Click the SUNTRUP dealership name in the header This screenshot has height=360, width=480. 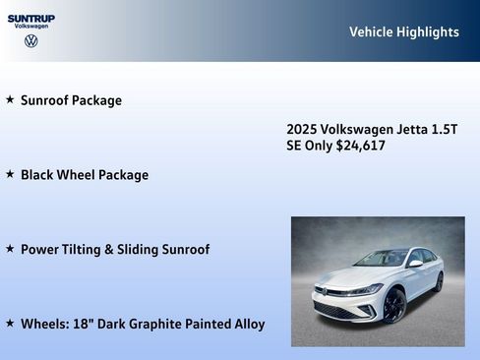point(30,18)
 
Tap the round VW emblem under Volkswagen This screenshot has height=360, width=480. point(30,41)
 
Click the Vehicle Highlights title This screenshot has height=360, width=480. point(403,31)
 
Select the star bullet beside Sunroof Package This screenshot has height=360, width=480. point(10,99)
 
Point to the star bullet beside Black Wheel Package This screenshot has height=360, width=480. point(10,174)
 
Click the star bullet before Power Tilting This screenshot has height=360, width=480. point(10,249)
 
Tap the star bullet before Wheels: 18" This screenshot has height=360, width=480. point(10,323)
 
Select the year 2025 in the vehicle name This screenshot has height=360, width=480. point(302,129)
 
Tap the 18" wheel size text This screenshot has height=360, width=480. point(80,324)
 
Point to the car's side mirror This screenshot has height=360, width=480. point(415,264)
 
